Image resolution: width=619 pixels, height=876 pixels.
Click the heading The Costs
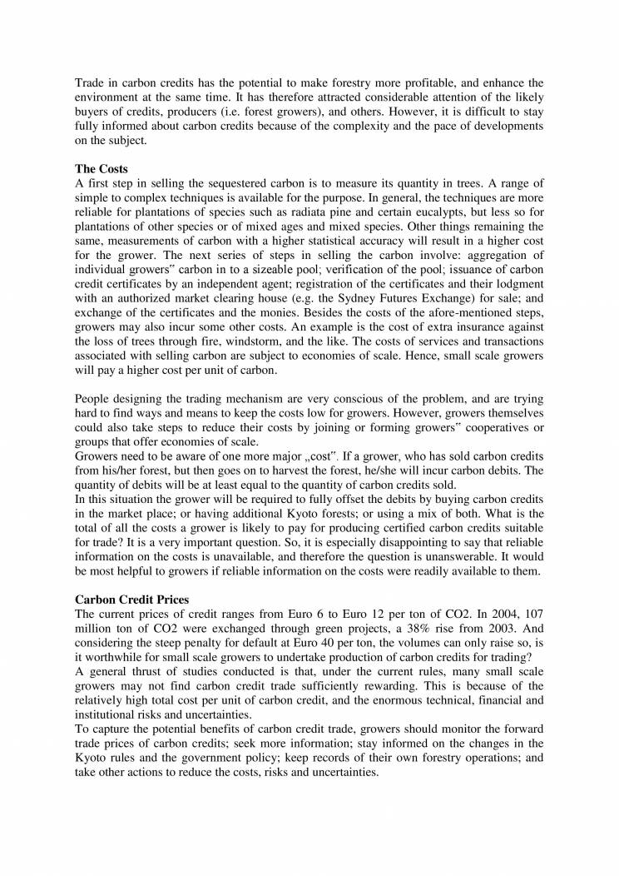point(102,168)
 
